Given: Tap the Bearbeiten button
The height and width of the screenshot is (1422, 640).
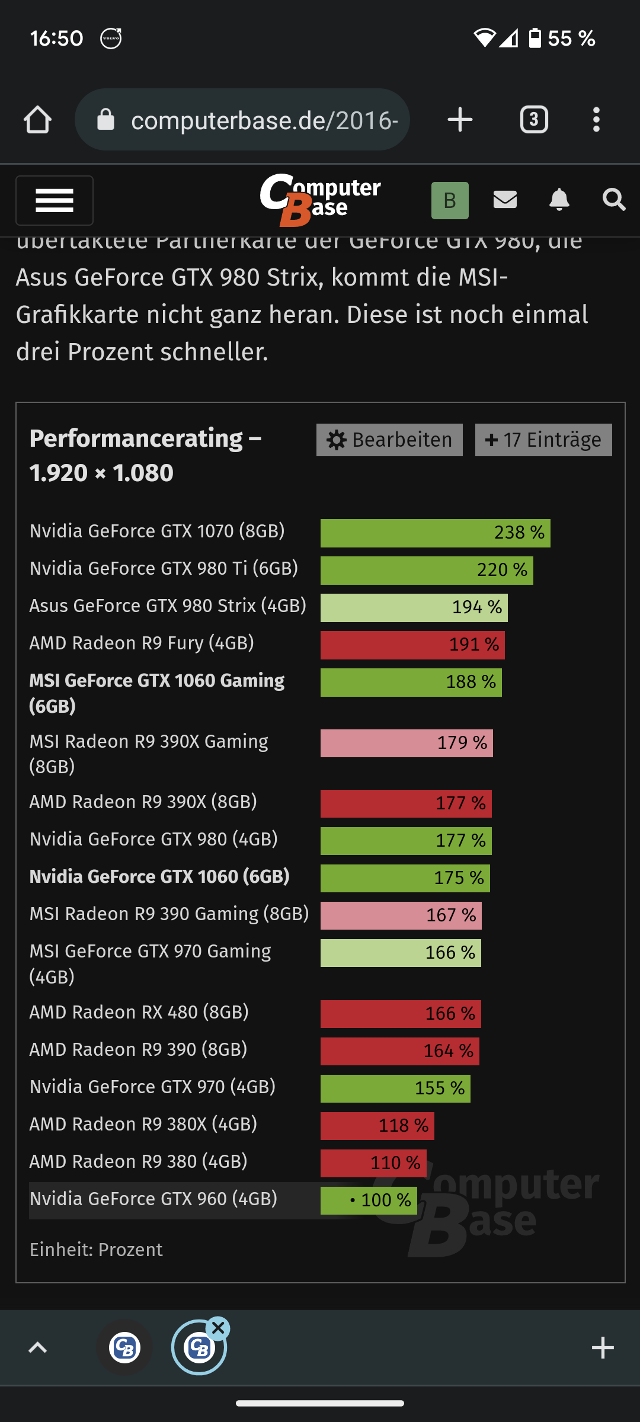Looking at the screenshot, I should point(389,440).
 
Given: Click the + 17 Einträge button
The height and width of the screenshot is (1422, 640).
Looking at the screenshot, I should point(543,440).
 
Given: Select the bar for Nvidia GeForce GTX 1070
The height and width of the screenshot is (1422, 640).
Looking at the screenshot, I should point(435,533).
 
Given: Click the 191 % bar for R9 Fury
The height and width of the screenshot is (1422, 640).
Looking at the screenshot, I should point(412,645).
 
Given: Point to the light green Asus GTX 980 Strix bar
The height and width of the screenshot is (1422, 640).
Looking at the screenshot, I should point(414,607).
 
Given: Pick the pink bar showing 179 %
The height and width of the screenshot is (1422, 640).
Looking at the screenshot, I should point(407,743).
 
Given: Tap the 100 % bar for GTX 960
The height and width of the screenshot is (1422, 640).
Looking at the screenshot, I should point(369,1200).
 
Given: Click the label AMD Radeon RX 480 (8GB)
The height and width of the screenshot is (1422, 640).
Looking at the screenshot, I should point(139,1012).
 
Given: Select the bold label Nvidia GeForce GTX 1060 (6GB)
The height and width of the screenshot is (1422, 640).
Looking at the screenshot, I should point(159,876).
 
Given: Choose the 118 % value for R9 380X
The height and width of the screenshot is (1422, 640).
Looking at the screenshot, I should point(403,1125).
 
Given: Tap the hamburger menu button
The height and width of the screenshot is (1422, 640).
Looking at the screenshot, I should point(55,200).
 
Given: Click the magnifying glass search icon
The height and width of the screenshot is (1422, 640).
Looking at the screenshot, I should point(613,200).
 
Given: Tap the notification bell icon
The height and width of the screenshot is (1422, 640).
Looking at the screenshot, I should point(559,200).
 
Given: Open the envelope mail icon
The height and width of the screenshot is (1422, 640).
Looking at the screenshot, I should point(505,200).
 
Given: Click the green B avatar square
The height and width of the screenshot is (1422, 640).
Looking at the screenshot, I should point(450,200).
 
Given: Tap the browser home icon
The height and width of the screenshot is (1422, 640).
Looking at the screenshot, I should point(37,120).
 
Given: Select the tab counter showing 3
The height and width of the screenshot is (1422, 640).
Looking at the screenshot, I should point(534,120).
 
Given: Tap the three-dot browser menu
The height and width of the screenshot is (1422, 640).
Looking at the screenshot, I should point(596,120).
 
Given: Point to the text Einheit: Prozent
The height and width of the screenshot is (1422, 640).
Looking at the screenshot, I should point(96,1250).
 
